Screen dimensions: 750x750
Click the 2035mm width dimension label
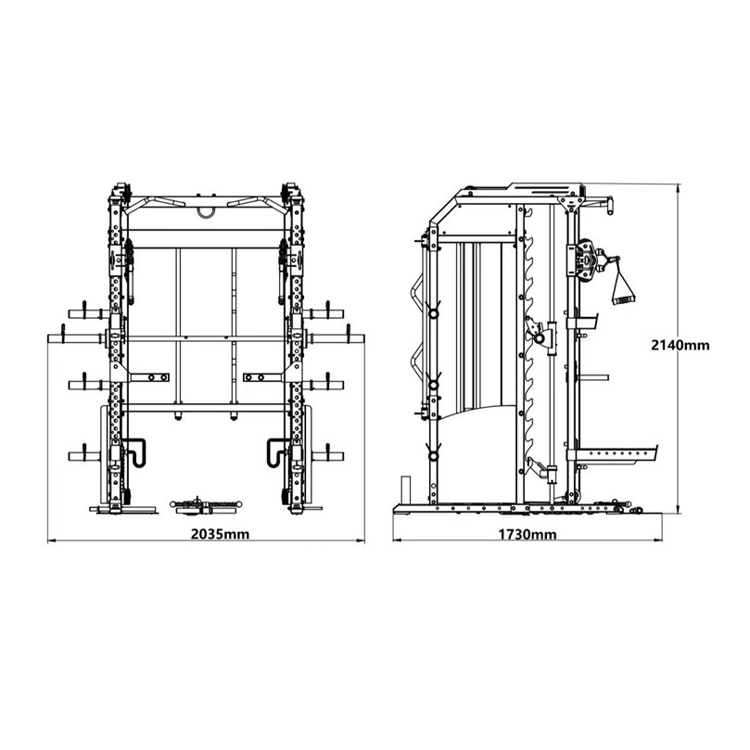point(220,534)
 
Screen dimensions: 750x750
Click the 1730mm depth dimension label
point(528,534)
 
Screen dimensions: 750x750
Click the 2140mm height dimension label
point(680,345)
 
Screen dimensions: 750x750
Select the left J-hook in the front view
point(136,451)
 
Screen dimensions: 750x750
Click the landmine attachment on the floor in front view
point(206,506)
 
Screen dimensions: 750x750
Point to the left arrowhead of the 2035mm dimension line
point(50,541)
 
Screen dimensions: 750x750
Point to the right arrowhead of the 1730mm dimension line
point(660,540)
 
